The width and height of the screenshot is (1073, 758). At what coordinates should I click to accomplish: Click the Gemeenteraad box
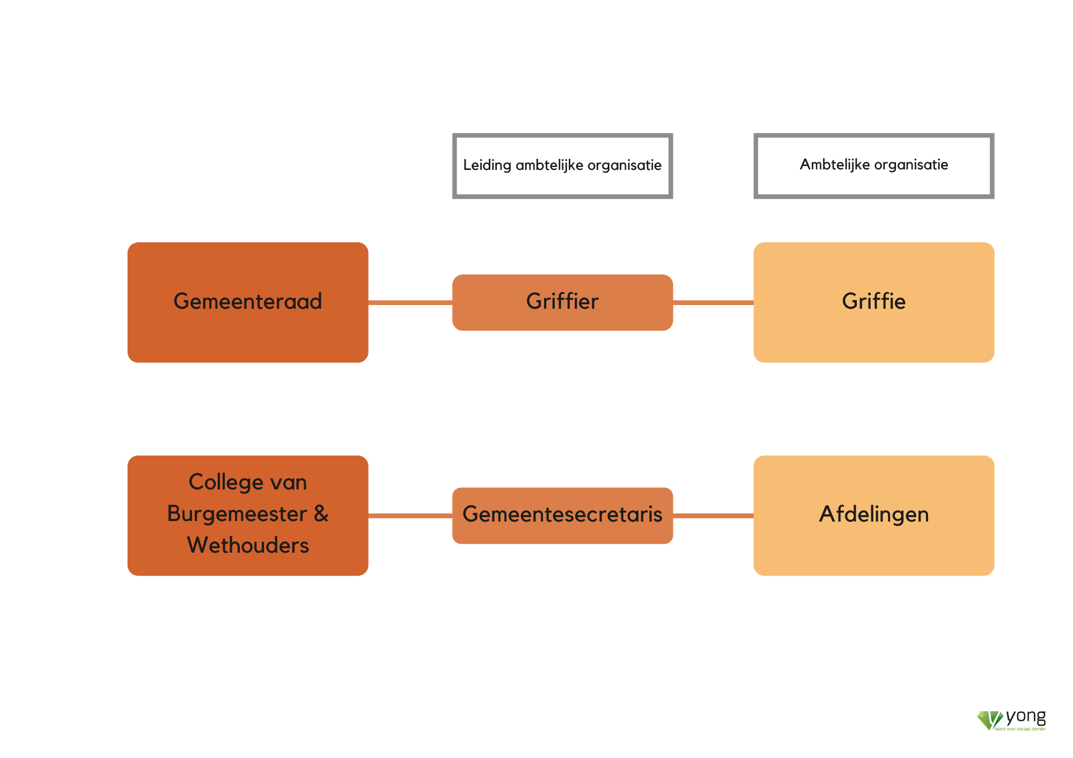(x=247, y=302)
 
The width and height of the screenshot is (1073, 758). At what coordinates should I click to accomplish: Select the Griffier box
(x=562, y=302)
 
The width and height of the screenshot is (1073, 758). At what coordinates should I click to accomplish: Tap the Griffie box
(x=873, y=302)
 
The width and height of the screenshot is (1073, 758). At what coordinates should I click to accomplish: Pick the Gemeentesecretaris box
(x=562, y=515)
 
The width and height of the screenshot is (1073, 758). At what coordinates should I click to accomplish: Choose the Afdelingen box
(x=873, y=515)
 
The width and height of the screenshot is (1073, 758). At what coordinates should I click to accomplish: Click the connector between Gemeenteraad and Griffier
(x=410, y=303)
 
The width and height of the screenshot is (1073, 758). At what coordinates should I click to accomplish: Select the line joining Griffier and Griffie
(x=713, y=303)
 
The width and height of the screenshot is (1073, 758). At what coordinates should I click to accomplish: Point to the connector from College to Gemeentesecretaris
(x=410, y=516)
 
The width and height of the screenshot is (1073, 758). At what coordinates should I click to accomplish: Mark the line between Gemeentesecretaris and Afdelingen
(x=713, y=516)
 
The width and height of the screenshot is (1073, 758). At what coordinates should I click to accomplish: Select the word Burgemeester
(x=237, y=514)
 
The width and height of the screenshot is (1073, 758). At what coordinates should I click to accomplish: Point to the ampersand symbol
(x=321, y=514)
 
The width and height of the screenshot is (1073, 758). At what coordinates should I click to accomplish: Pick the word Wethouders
(x=248, y=546)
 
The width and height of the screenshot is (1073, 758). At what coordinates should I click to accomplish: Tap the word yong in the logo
(x=1026, y=717)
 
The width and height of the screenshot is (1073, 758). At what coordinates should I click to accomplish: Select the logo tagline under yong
(x=1020, y=729)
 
